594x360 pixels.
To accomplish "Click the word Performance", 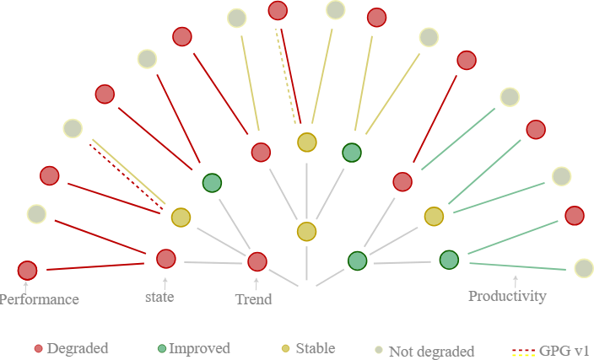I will pos(40,299).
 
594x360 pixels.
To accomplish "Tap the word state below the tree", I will pos(159,297).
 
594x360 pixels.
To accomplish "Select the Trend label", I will pos(253,298).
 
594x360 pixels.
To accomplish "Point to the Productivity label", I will pos(507,296).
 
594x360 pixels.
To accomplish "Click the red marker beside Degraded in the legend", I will pos(38,348).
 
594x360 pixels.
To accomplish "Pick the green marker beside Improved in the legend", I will pos(160,348).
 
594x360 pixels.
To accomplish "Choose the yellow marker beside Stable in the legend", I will pos(286,348).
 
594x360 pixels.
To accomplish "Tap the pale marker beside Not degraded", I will pos(379,349).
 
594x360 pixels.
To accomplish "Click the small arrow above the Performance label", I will pos(26,287).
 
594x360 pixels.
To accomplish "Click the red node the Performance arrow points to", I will pos(27,271).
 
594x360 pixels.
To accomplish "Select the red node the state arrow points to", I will pos(165,258).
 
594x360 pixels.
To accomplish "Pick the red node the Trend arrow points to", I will pos(257,261).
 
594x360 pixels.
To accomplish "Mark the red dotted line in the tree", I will pos(127,175).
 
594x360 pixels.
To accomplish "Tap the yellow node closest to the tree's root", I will pos(306,231).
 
